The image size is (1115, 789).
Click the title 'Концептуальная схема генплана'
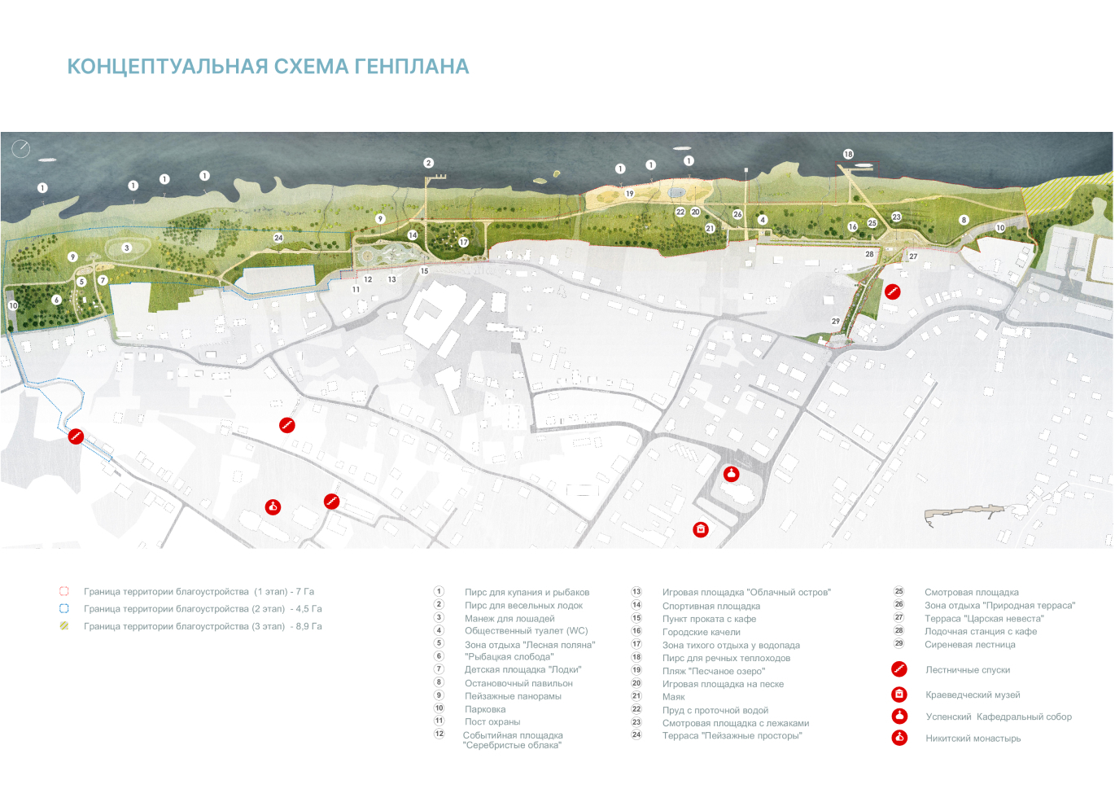click(268, 67)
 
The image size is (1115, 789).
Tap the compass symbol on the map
click(21, 148)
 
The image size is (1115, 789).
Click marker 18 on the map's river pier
click(848, 154)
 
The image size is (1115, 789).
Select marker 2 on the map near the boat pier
click(428, 163)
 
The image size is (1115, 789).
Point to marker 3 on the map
click(127, 248)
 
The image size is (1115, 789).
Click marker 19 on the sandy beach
click(629, 194)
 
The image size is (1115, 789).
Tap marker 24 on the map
click(278, 238)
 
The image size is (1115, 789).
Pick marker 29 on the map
click(835, 321)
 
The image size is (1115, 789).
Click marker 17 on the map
click(463, 242)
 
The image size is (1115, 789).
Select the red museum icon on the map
click(701, 530)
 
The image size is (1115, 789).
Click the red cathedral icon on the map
click(732, 474)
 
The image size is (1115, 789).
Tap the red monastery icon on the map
click(273, 507)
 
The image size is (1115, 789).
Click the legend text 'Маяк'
click(673, 697)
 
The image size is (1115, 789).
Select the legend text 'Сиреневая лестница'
click(969, 645)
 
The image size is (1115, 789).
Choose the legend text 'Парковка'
click(485, 709)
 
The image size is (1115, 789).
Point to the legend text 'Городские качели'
click(701, 632)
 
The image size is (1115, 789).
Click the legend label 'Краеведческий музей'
click(973, 695)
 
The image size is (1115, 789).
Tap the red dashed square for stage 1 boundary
click(64, 591)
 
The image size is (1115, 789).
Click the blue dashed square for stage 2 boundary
click(64, 608)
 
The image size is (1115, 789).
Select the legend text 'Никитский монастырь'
click(973, 739)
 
